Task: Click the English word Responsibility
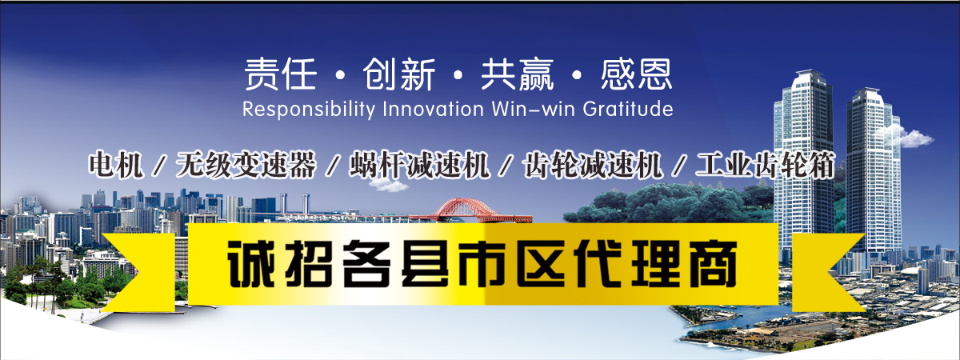(x=309, y=110)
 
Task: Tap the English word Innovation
(x=434, y=109)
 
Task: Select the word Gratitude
(x=628, y=109)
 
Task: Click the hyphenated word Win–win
(x=533, y=109)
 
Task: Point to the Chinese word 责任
(x=281, y=74)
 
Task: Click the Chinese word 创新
(x=399, y=74)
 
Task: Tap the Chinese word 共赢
(x=518, y=74)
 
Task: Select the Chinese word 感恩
(x=636, y=74)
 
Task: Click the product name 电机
(x=116, y=165)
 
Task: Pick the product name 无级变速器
(x=246, y=165)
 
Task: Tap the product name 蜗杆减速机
(x=419, y=165)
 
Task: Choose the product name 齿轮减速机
(x=593, y=165)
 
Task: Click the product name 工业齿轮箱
(x=766, y=165)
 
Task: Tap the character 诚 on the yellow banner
(x=250, y=263)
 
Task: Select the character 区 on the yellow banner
(x=541, y=263)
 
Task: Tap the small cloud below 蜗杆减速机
(x=389, y=185)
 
